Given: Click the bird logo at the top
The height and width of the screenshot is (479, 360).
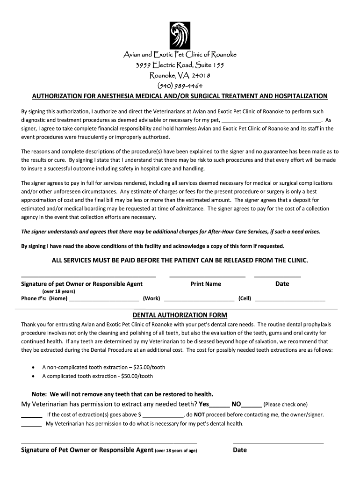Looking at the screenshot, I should coord(180,35).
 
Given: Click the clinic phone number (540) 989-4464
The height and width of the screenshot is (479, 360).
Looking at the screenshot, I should coord(180,85).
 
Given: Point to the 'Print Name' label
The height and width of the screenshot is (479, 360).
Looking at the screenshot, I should coord(206,284).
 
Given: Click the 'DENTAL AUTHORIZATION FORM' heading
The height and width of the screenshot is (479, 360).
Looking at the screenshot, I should coord(180,315).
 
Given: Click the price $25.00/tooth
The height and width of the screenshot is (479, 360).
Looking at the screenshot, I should coord(149,367).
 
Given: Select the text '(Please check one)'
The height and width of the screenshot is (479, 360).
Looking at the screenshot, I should coord(286,405).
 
